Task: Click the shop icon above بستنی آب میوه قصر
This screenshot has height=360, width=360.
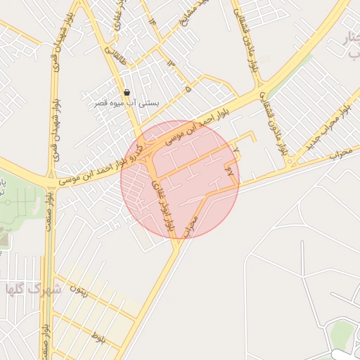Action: pyautogui.click(x=127, y=92)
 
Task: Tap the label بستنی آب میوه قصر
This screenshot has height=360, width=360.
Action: pyautogui.click(x=127, y=103)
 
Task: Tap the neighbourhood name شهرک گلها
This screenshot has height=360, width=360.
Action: pyautogui.click(x=33, y=289)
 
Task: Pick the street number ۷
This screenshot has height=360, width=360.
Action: pyautogui.click(x=236, y=150)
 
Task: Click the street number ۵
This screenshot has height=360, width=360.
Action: pyautogui.click(x=188, y=89)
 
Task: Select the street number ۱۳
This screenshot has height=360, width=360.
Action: pyautogui.click(x=169, y=63)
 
